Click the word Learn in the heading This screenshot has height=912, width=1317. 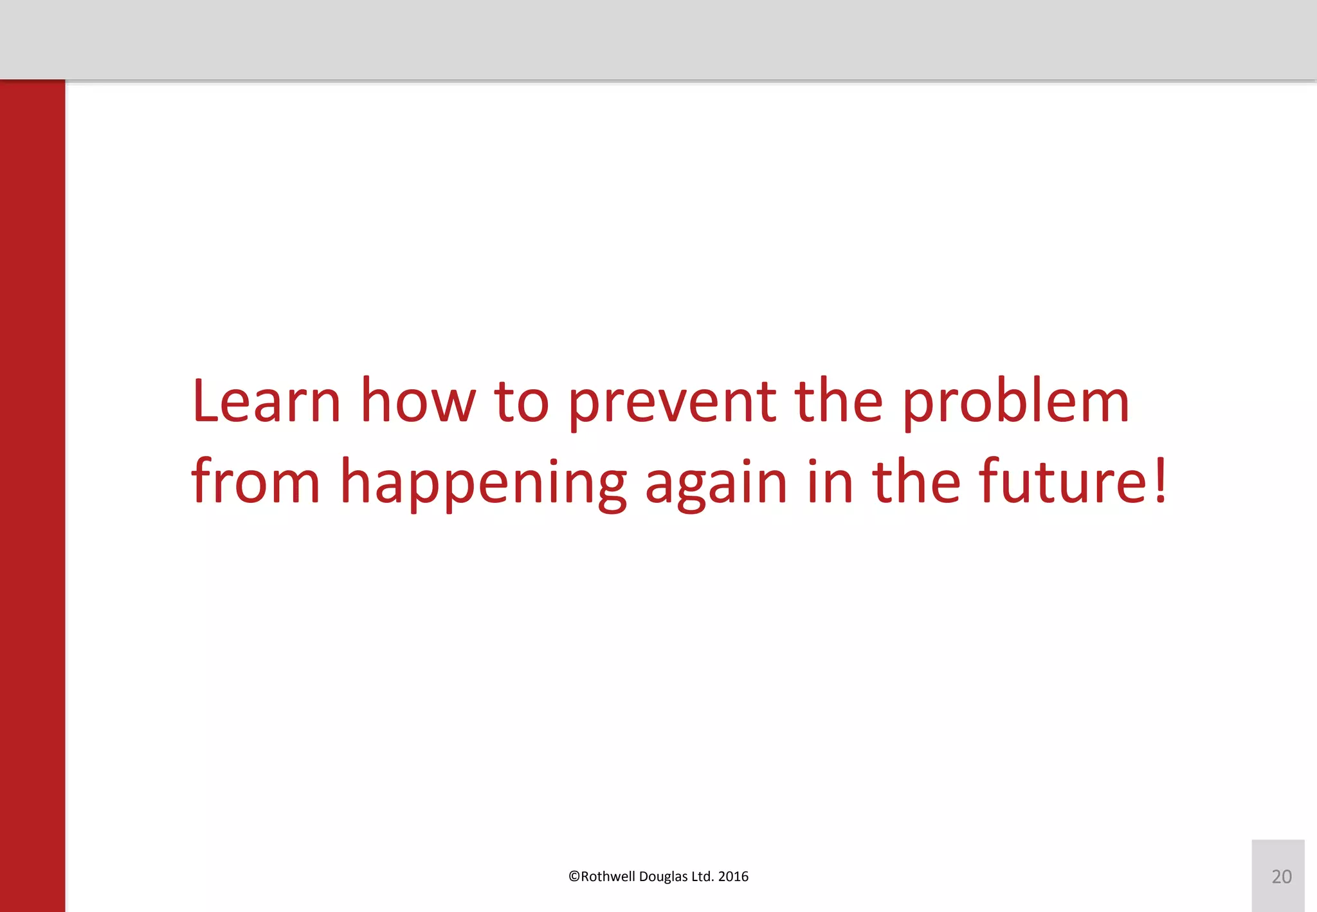(266, 401)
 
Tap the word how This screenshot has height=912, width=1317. (417, 401)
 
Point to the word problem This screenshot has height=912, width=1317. (1015, 404)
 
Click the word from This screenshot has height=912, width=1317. (255, 482)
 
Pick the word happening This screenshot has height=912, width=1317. (483, 486)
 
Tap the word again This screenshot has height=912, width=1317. (716, 486)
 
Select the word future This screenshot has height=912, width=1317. (1064, 482)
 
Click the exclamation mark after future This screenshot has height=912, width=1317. (1160, 481)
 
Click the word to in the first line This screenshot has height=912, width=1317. (522, 403)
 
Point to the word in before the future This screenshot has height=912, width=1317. (830, 482)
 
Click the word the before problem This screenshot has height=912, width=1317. (839, 401)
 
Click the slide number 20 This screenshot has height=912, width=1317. (1281, 877)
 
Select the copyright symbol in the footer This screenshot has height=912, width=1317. (574, 877)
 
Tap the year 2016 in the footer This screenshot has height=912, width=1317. (733, 877)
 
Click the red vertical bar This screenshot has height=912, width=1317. (32, 495)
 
